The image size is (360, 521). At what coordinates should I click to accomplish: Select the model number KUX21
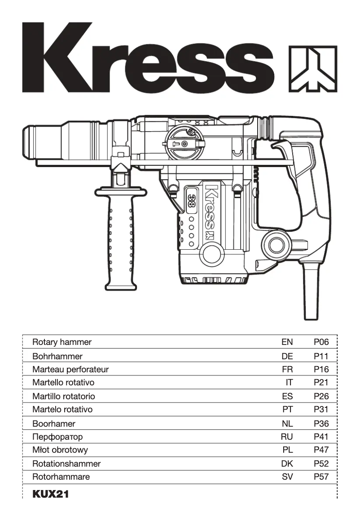coord(50,494)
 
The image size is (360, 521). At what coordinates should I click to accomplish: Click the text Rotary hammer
coord(62,342)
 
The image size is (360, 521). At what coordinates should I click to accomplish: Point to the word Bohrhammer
coord(57,356)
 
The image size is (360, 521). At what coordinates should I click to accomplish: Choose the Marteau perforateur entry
coord(70,370)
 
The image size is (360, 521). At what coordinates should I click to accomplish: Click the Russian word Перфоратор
coord(57,437)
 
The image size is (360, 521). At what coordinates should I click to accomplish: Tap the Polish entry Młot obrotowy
coord(60,450)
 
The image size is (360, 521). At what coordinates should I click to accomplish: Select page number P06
coord(321,342)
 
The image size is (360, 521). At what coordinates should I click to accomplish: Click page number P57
coord(321,477)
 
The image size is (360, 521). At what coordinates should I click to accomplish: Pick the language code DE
coord(287,356)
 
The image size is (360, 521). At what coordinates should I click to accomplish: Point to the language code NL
coord(287,424)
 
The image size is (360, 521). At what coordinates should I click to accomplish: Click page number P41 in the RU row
coord(321,437)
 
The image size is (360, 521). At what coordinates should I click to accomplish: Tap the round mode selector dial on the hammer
coord(184,142)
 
